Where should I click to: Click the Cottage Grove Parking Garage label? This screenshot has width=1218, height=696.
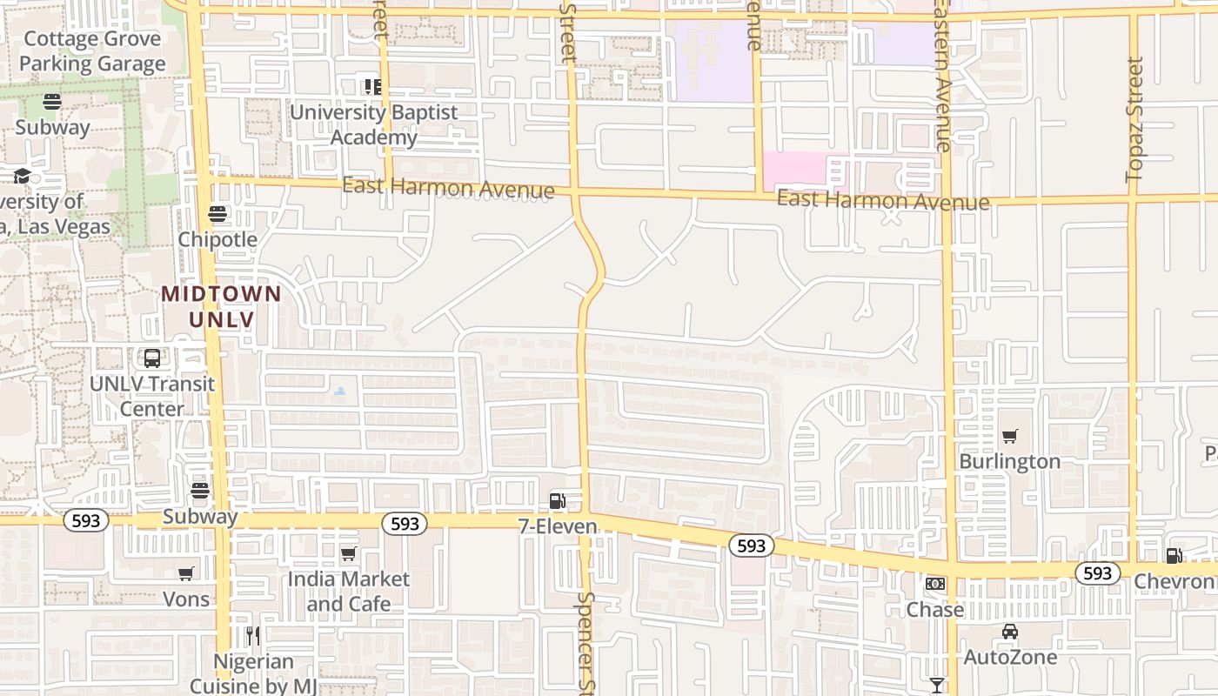tap(92, 51)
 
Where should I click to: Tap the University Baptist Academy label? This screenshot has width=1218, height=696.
tap(373, 124)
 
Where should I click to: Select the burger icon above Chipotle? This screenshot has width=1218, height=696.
tap(217, 214)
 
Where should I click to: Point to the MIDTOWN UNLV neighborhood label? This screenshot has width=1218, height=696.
tap(222, 306)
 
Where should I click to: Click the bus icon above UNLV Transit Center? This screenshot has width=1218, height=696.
tap(152, 358)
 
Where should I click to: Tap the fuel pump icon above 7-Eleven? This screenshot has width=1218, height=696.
tap(557, 501)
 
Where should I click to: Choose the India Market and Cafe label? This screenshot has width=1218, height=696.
tap(348, 591)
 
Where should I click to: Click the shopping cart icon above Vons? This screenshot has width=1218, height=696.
tap(186, 573)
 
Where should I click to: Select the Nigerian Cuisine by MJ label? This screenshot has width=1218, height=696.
tap(253, 674)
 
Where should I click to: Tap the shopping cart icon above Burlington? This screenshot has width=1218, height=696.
tap(1009, 436)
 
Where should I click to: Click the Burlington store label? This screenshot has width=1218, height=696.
tap(1009, 461)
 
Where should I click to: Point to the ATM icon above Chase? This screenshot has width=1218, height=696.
tap(935, 584)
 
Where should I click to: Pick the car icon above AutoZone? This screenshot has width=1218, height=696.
tap(1009, 632)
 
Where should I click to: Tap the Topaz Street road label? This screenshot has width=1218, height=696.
tap(1134, 119)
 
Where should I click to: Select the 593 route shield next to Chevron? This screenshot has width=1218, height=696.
tap(1098, 573)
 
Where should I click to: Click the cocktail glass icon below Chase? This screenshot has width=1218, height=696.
tap(936, 686)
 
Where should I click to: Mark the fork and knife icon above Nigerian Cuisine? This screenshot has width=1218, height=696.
tap(253, 636)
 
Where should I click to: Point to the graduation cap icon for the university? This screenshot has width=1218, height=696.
tap(22, 177)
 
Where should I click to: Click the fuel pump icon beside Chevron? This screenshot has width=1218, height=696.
tap(1174, 555)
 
